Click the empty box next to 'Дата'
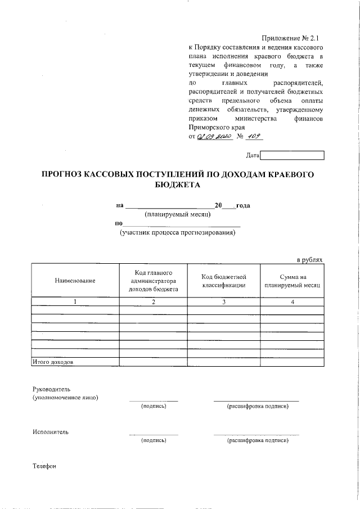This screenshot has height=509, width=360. tap(292, 155)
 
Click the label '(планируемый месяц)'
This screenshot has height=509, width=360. tap(177, 214)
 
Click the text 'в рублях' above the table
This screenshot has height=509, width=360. tap(310, 259)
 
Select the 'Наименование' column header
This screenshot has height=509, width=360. tap(75, 281)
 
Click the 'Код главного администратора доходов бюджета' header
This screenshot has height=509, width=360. tap(154, 281)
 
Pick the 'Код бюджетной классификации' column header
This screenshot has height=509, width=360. tap(224, 281)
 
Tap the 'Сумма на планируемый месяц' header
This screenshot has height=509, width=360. tap(292, 281)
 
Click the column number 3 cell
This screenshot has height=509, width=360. tap(224, 302)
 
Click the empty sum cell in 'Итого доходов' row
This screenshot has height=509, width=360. tap(292, 362)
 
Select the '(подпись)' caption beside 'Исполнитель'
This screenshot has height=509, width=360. tap(154, 440)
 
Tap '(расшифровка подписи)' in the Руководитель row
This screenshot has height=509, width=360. tap(257, 406)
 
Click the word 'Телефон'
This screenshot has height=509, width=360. tap(44, 466)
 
